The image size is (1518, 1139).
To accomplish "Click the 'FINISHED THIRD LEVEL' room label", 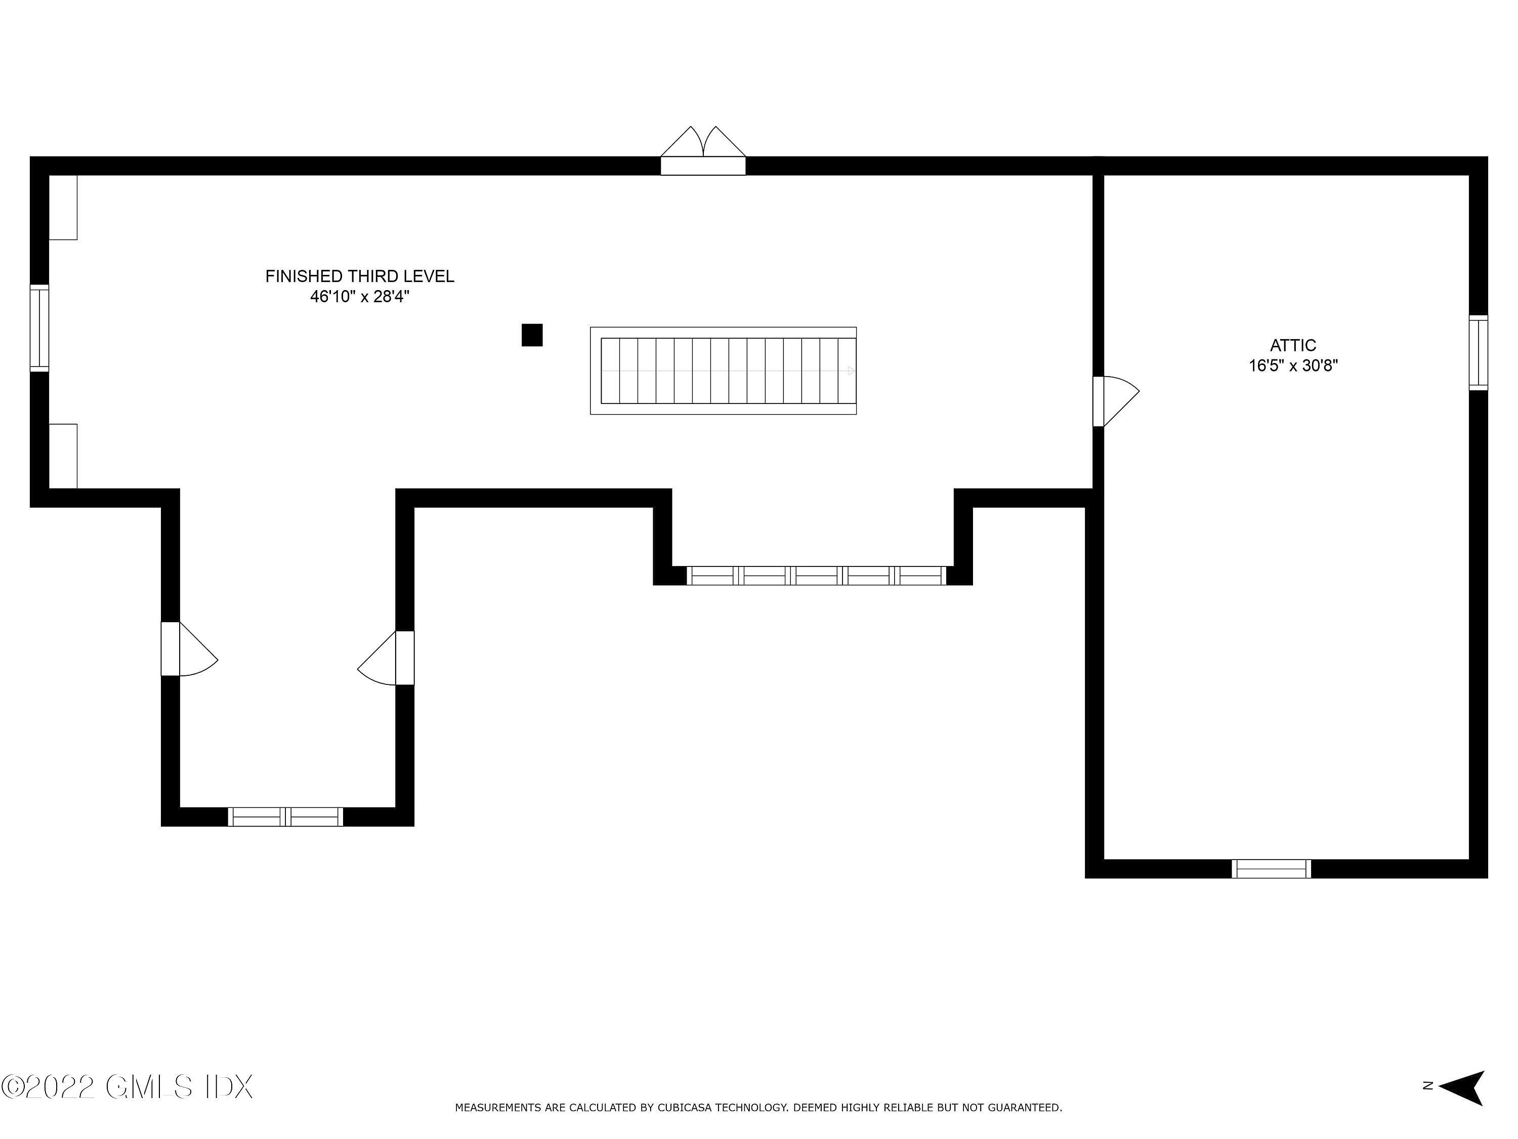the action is click(360, 276).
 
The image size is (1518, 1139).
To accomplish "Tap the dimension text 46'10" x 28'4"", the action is click(360, 297).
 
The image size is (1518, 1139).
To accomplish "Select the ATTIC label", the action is click(1293, 345).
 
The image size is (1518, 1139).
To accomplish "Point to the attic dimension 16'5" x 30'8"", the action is click(1293, 366).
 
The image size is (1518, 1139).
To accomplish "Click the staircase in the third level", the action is click(723, 371).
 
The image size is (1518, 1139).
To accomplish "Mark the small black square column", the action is click(532, 335).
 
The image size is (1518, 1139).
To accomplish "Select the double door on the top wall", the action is click(703, 151).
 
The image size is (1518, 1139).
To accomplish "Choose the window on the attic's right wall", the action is click(1478, 353).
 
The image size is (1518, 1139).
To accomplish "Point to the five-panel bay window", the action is click(816, 576).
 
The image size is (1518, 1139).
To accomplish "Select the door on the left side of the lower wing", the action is click(189, 649).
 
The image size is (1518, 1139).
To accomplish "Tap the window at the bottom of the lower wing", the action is click(285, 817).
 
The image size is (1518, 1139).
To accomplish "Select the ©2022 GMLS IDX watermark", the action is click(127, 1086).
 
